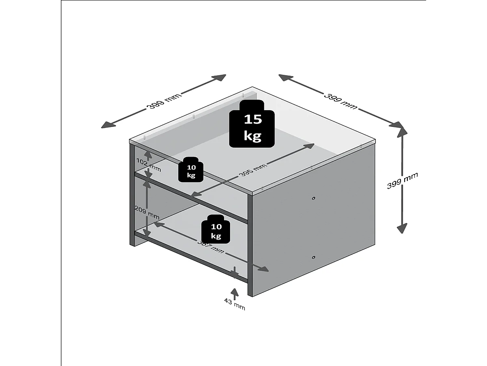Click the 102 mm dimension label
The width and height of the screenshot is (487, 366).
(148, 165)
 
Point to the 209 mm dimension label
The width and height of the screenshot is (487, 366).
(147, 212)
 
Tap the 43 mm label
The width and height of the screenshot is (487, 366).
(235, 304)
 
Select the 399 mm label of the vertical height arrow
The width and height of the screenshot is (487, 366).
(402, 181)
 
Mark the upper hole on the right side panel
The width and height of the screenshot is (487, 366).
(314, 198)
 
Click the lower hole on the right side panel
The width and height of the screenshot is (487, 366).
(314, 257)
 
